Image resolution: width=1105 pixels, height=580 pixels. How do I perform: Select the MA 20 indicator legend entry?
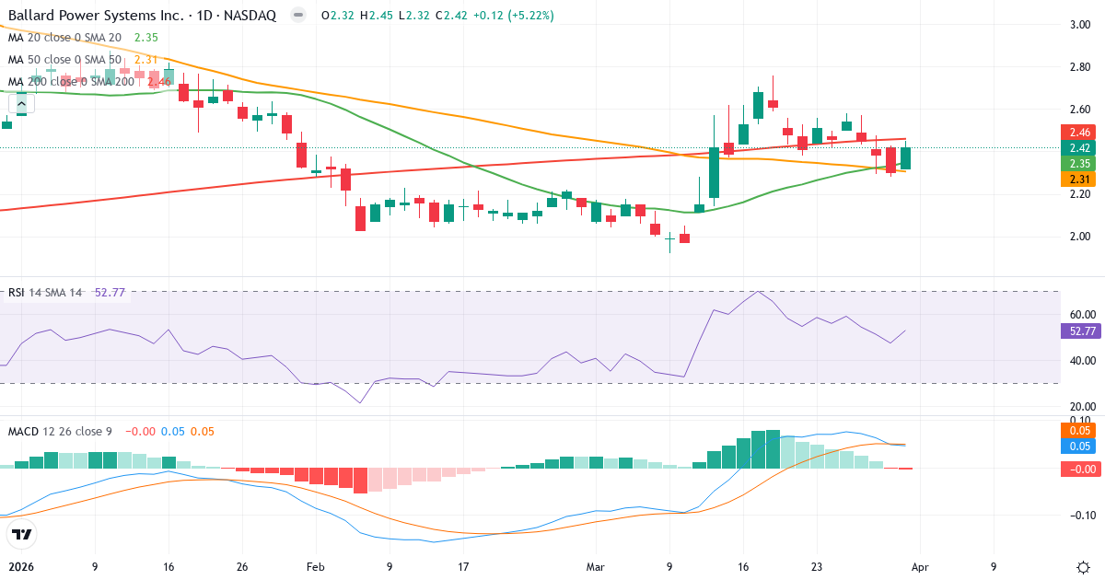pos(64,38)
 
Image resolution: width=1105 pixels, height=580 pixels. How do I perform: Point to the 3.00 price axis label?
pos(1080,25)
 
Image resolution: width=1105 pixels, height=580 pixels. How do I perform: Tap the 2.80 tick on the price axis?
pos(1080,67)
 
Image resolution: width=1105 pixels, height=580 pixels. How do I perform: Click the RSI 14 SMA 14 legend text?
pos(45,293)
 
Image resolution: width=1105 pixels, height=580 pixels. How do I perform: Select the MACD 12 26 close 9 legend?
pos(61,431)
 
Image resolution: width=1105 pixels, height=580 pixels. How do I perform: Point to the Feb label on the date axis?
pos(315,567)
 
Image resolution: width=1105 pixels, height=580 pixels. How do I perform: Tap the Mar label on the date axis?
pos(595,567)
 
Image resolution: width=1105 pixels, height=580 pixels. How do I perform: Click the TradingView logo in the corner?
pos(22,534)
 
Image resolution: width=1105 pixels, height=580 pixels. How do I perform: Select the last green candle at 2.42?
pos(906,158)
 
